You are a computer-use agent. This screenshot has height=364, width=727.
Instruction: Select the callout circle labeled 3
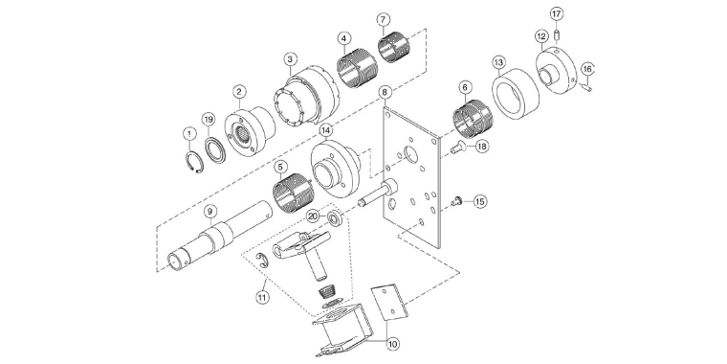click(x=290, y=57)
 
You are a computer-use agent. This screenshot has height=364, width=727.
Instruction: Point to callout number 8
click(x=385, y=92)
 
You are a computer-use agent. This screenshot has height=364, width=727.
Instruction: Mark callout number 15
click(x=480, y=201)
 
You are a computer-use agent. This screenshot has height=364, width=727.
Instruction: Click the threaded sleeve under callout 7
click(x=392, y=47)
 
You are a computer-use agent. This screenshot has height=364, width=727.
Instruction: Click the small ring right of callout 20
click(x=338, y=220)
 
